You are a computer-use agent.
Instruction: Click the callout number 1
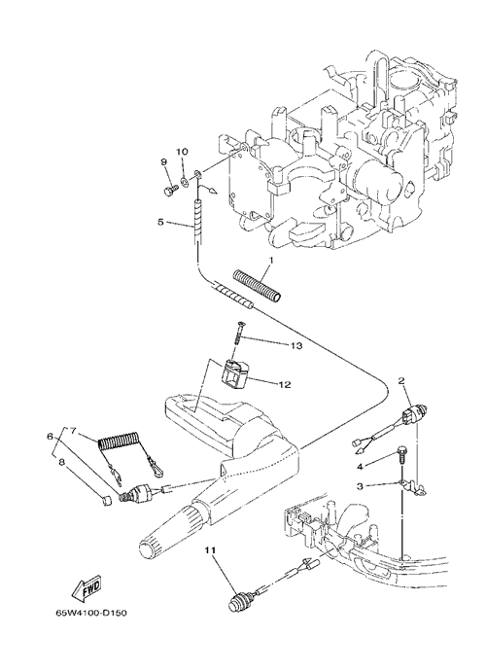[270, 260]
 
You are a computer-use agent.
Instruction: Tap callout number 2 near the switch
[401, 379]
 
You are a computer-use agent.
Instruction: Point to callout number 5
[160, 222]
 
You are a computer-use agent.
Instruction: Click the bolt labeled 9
[171, 190]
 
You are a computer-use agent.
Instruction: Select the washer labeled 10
[185, 182]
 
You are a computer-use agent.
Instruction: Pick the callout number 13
[297, 345]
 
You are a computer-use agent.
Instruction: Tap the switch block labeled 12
[234, 375]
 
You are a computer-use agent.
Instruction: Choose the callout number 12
[285, 384]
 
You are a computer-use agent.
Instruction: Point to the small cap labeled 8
[108, 500]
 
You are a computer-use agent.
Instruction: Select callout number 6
[50, 437]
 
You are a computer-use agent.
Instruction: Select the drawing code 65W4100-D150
[91, 614]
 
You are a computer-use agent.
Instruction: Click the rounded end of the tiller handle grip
[148, 549]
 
